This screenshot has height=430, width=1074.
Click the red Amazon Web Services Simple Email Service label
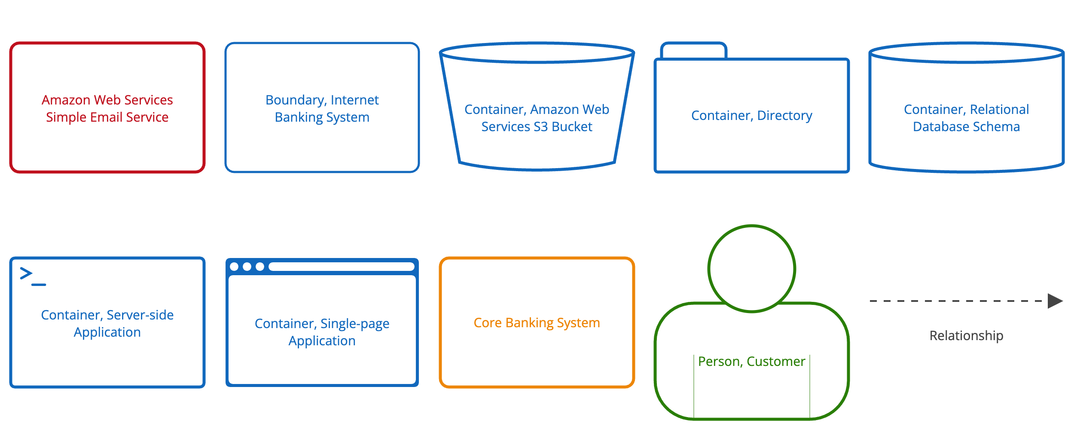107,108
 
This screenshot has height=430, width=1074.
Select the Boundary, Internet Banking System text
322,108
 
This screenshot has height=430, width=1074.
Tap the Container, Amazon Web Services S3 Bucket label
537,118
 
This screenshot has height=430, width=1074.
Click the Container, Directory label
751,115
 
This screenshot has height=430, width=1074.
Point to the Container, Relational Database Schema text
966,118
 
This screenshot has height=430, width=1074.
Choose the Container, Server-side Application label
107,323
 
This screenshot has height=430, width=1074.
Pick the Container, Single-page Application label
322,332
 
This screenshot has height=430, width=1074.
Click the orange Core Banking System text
537,322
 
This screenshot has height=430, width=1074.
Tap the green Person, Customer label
751,361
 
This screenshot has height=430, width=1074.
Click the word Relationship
966,335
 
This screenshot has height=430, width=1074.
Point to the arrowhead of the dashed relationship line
1055,301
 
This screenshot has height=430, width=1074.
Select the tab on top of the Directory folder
693,51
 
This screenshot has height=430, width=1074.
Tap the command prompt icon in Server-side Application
33,276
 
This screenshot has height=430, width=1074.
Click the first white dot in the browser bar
234,267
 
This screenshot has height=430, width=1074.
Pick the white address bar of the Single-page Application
342,267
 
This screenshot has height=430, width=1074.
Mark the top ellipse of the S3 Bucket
537,53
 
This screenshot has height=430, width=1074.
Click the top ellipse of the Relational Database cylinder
966,53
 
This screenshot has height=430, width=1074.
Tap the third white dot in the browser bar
260,267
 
